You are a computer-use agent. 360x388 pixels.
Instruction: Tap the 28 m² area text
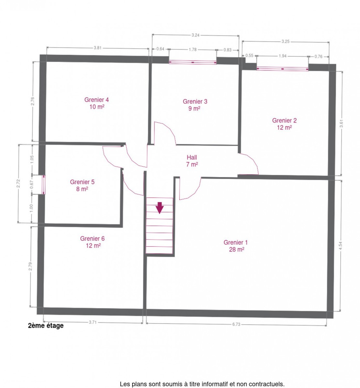point(236,250)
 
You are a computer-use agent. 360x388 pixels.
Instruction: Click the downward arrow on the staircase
point(160,208)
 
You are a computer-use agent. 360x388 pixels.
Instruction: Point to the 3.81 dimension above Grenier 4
point(98,48)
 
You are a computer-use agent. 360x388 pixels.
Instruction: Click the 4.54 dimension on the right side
point(341,246)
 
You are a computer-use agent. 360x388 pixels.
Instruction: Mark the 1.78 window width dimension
point(192,49)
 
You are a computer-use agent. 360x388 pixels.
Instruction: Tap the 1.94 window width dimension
point(282,56)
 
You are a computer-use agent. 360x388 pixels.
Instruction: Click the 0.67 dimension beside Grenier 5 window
point(32,184)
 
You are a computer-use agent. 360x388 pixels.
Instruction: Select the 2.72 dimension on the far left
point(18,183)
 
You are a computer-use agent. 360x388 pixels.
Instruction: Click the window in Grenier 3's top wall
point(192,62)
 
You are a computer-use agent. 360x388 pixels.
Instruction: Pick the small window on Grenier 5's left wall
point(44,185)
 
